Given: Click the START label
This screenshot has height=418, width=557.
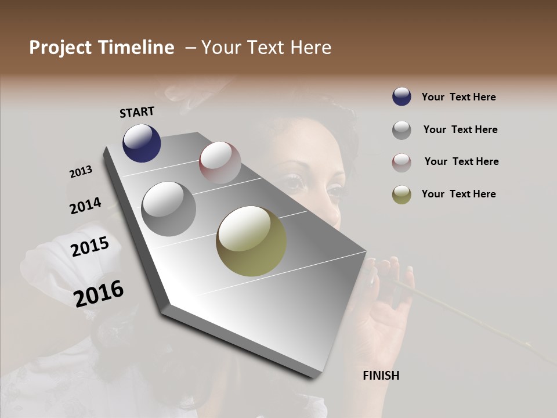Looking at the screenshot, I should tap(137, 112).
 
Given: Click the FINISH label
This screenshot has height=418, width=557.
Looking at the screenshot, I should tap(381, 376).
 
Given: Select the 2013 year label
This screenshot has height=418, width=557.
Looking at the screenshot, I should tap(81, 172).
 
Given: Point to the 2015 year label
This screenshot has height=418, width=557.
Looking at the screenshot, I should tap(90, 247).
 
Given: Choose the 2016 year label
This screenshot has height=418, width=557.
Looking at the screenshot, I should tap(99, 294).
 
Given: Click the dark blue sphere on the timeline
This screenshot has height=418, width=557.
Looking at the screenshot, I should tap(142, 143).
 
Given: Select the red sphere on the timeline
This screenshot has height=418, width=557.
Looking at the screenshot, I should tap(220, 162).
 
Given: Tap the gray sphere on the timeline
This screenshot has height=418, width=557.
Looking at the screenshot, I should tap(168, 208).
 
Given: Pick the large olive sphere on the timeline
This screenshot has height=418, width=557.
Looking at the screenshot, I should tap(251, 241).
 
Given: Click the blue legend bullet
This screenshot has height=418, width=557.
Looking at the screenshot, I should tap(402, 97).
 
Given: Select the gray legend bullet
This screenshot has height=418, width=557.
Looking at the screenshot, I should tap(402, 130).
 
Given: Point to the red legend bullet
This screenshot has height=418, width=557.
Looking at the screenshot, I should tap(402, 163).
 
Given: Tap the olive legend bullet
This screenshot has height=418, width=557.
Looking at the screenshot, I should tap(402, 194).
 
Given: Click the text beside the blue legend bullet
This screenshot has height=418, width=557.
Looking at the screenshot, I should tap(458, 98).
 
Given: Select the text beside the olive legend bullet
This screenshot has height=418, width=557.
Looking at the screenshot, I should tap(458, 194).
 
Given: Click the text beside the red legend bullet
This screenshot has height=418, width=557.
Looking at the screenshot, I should tap(461, 161).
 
